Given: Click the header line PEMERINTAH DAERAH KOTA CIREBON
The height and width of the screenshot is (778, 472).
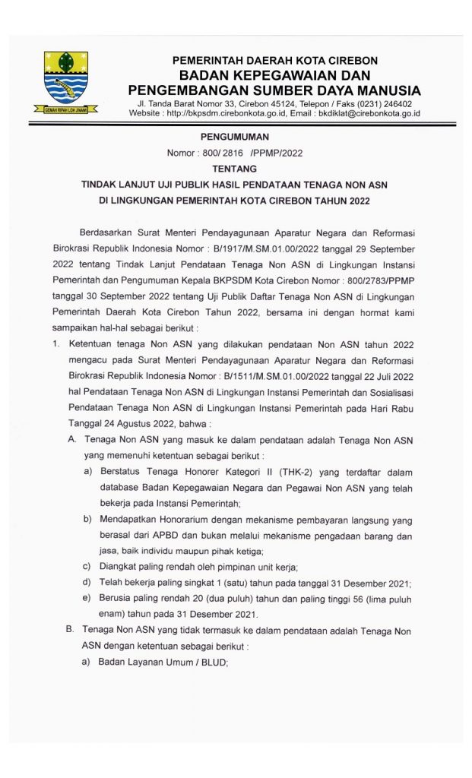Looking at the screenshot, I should point(274,60).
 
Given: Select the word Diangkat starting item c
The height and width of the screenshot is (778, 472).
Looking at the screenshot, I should point(119,568).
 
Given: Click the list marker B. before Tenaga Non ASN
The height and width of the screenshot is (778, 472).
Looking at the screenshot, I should point(69,630).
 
